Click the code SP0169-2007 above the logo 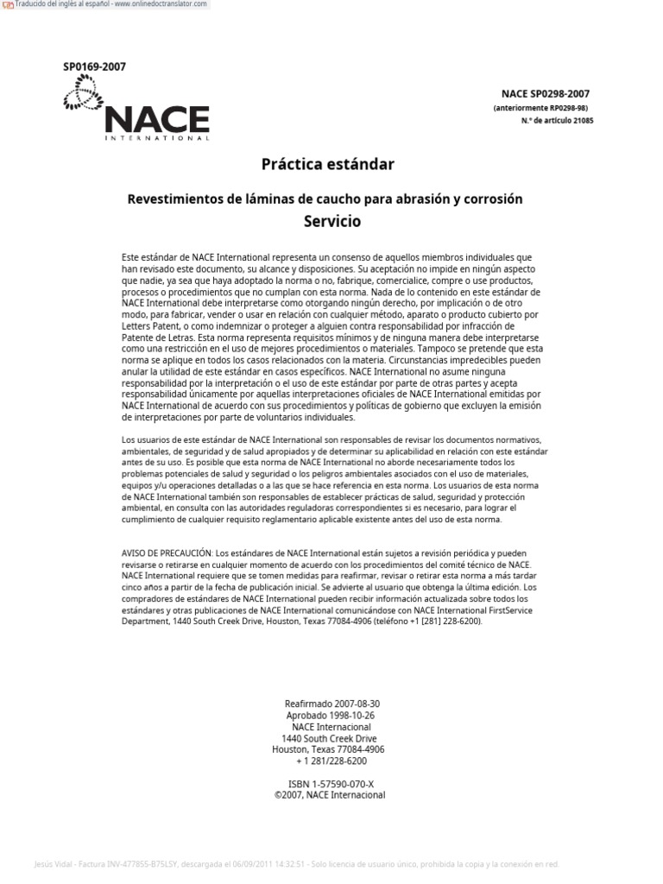(94, 67)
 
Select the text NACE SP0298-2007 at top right (546, 94)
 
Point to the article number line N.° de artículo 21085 (557, 121)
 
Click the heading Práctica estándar (327, 163)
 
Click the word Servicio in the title (331, 221)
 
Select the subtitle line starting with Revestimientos (325, 199)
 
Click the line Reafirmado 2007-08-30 (331, 704)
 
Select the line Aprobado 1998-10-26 (331, 716)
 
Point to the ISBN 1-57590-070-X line (331, 784)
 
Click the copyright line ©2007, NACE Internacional (331, 795)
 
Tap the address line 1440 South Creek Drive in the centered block (331, 738)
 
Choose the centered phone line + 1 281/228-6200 (331, 761)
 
